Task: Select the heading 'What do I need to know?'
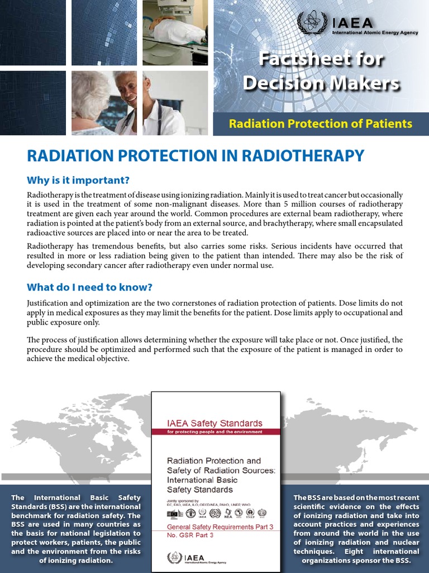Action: click(x=89, y=288)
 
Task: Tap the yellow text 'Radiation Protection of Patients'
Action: click(x=320, y=124)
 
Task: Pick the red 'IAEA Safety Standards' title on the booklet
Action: click(x=215, y=423)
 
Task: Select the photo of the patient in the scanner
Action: click(x=175, y=32)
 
